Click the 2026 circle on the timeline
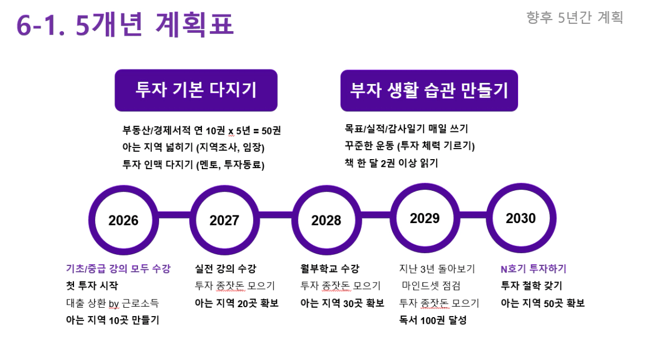click(x=123, y=220)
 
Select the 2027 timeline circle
click(x=225, y=220)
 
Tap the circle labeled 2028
click(x=326, y=220)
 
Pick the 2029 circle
click(x=425, y=218)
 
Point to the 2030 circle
click(x=521, y=218)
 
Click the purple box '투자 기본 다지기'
click(x=196, y=90)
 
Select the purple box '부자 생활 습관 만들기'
click(x=429, y=91)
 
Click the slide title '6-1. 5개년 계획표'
click(x=125, y=24)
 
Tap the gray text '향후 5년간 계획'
click(x=575, y=17)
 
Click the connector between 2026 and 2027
click(x=174, y=215)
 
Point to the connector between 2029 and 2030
click(x=473, y=215)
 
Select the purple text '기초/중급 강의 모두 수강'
click(x=119, y=269)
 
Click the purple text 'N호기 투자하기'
click(x=534, y=269)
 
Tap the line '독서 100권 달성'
click(x=432, y=320)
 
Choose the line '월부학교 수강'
click(x=329, y=269)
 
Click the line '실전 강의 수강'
click(x=225, y=269)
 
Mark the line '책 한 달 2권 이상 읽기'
click(x=391, y=163)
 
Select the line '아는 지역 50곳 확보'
click(x=543, y=303)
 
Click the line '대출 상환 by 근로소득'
click(x=112, y=304)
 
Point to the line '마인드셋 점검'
click(x=431, y=286)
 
